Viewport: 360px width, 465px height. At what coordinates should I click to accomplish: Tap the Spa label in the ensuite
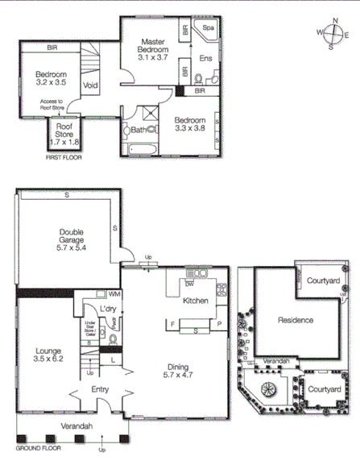point(209,27)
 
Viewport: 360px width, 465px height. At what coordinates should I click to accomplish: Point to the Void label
point(90,83)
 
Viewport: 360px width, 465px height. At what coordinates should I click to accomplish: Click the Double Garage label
point(72,239)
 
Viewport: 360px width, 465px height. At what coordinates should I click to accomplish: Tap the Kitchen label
point(196,301)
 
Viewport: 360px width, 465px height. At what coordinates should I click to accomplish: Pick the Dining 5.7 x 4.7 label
point(179,369)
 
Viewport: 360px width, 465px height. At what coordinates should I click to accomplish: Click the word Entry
point(101,389)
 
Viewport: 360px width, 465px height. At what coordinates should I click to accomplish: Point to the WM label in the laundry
point(114,295)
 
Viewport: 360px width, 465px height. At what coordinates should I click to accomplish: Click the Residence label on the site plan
point(296,320)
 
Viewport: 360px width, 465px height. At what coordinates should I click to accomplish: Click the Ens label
point(205,58)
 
